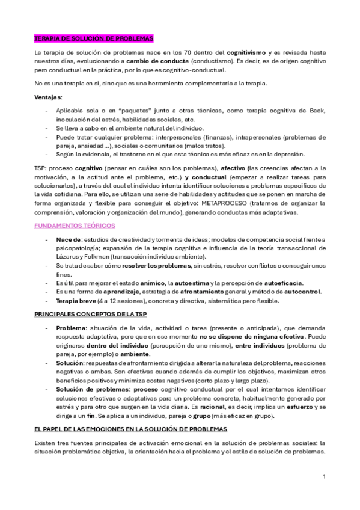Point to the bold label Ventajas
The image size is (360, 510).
[x=48, y=97]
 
